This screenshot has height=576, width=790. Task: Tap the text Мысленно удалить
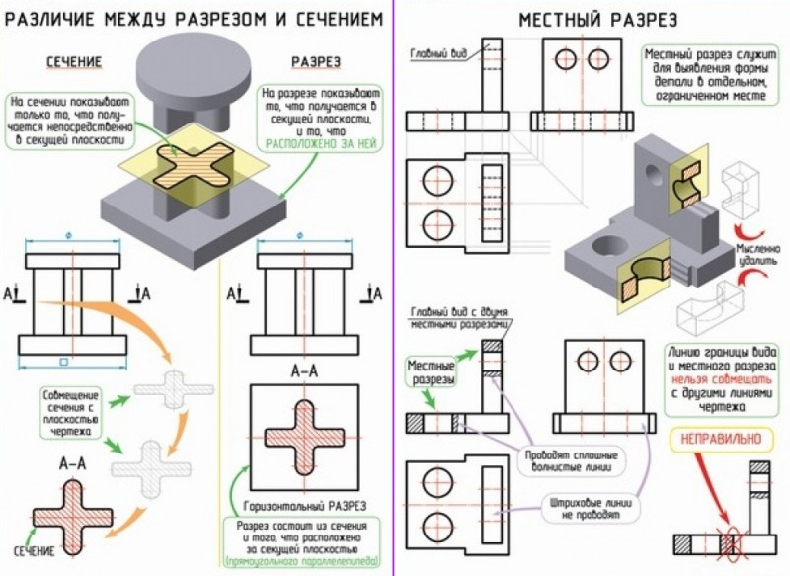coord(758,256)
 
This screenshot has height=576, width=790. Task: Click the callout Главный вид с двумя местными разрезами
coord(461,317)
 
